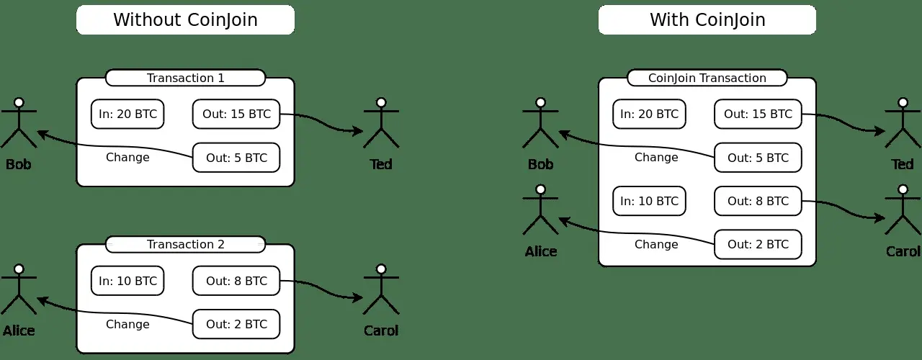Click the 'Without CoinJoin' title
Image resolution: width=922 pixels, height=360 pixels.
(x=186, y=19)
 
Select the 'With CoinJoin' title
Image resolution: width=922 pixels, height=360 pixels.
(x=707, y=19)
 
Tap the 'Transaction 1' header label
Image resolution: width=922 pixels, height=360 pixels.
(x=186, y=78)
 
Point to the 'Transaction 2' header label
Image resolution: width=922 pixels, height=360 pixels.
(x=186, y=244)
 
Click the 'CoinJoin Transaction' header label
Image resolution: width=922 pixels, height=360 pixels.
(x=707, y=78)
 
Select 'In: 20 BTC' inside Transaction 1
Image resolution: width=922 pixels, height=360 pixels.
(x=127, y=114)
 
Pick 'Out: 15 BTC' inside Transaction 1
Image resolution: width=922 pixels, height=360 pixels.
(x=236, y=114)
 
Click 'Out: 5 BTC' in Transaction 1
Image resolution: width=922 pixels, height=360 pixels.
(x=236, y=158)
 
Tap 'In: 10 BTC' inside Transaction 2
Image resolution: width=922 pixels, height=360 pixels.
(x=127, y=281)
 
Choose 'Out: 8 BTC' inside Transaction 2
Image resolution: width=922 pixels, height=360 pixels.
(x=236, y=281)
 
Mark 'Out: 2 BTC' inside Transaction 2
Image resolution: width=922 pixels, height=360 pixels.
(x=236, y=324)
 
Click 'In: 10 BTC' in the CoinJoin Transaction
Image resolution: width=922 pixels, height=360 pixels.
(x=649, y=201)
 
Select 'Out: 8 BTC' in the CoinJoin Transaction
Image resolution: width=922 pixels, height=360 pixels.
(x=758, y=201)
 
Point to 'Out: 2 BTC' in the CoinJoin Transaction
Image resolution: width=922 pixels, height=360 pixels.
(x=758, y=244)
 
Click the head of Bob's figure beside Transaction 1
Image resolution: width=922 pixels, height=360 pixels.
(x=19, y=102)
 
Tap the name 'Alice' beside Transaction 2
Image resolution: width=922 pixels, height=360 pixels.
(x=19, y=330)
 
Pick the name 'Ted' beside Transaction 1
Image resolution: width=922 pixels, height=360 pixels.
(x=381, y=165)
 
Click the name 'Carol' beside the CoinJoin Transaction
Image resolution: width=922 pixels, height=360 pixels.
(x=903, y=251)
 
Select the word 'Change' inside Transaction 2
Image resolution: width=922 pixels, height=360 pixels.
(x=127, y=324)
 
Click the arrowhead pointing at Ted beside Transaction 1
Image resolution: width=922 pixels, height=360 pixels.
(x=358, y=131)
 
